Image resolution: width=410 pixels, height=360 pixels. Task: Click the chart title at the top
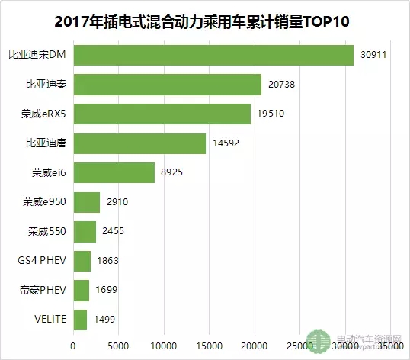205,18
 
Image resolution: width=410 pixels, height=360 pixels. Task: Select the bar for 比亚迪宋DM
213,56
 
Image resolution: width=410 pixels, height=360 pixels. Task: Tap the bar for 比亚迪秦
168,85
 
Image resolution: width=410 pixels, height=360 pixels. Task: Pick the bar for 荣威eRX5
162,114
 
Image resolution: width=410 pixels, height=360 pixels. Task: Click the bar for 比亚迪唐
140,143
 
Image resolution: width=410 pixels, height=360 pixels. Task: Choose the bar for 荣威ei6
114,173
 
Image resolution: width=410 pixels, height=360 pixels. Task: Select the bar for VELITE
81,320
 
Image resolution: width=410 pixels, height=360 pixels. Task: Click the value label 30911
373,56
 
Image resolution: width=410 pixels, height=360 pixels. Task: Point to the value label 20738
281,85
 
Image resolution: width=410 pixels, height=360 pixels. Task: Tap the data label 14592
226,143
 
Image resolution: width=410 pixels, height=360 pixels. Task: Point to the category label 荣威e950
45,203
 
